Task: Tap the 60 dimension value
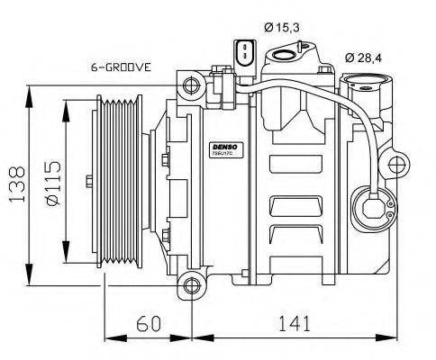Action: pyautogui.click(x=149, y=322)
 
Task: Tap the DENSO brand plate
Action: pyautogui.click(x=222, y=146)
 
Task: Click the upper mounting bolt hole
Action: pyautogui.click(x=190, y=86)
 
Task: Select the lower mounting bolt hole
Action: pyautogui.click(x=190, y=287)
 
